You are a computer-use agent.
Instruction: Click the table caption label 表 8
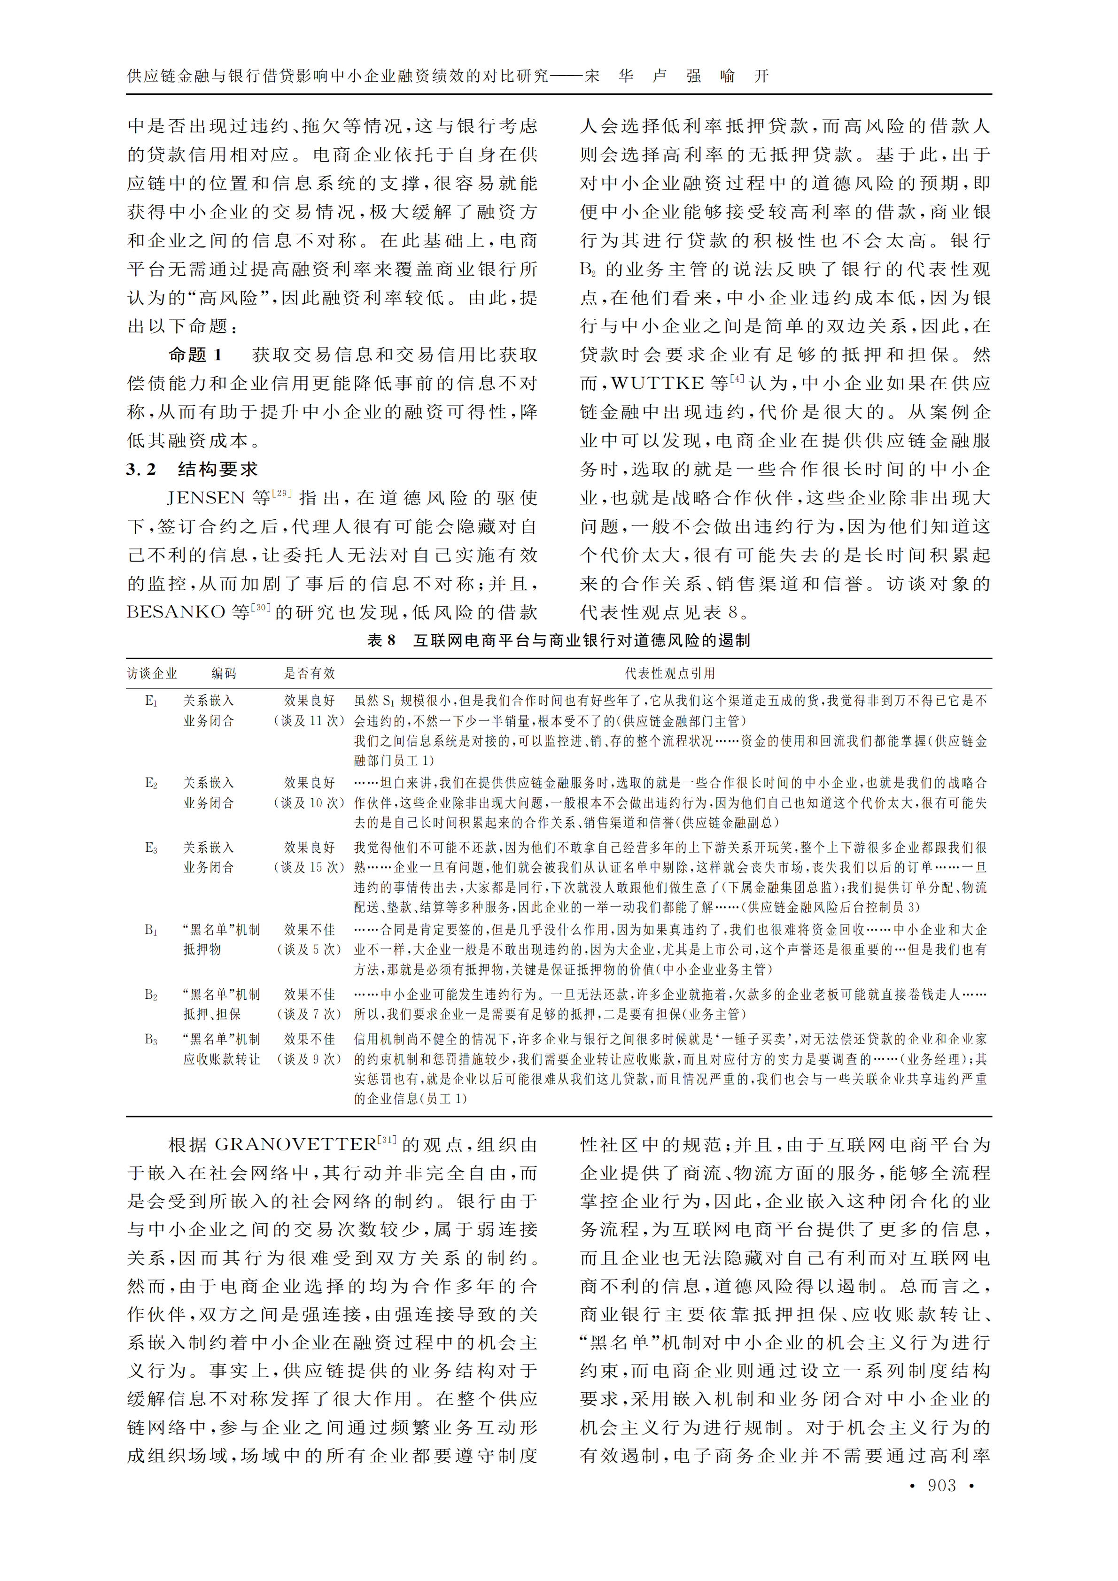pos(381,640)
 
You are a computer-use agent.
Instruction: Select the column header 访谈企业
pos(152,673)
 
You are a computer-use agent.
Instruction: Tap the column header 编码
pos(224,673)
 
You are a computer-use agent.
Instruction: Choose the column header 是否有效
pos(309,673)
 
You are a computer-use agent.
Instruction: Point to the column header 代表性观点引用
pos(669,673)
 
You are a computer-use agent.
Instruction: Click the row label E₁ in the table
pos(151,701)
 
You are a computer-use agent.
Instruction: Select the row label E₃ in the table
pos(151,848)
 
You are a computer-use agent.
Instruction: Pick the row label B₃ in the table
pos(151,1039)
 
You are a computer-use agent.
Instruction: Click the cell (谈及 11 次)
pos(309,721)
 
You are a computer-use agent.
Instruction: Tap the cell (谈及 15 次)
pos(309,868)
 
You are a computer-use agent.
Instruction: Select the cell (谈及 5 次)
pos(309,949)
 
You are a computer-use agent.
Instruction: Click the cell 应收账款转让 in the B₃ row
pos(222,1059)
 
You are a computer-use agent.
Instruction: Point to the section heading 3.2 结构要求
pos(192,470)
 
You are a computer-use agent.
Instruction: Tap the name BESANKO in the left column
pos(176,612)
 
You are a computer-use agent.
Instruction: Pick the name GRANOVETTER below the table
pos(295,1144)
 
